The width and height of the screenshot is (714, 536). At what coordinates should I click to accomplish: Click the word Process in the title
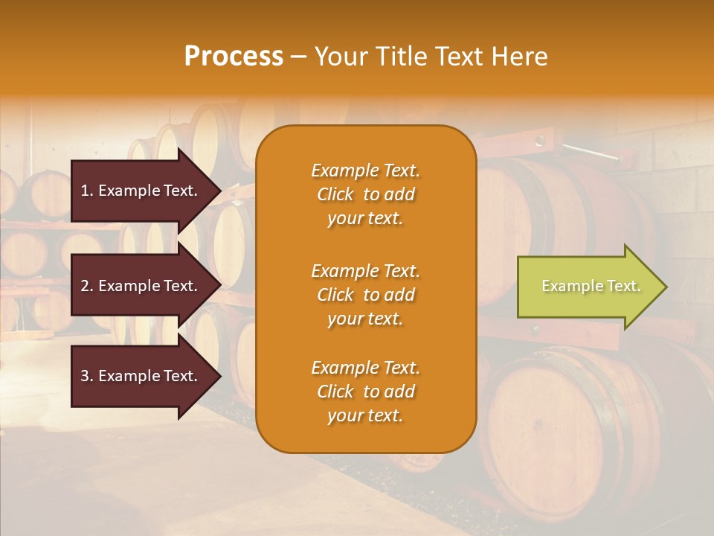234,57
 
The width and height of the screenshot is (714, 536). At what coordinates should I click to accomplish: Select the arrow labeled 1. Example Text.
141,191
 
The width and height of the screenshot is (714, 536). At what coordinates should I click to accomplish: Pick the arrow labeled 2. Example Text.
141,286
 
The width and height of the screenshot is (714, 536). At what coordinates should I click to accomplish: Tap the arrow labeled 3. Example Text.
141,376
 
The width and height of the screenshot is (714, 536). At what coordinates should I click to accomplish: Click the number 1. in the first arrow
86,191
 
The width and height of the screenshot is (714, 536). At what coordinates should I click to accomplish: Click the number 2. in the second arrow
86,286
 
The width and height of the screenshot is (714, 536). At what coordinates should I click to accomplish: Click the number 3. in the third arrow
86,376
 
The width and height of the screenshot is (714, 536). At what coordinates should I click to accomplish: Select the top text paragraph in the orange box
365,194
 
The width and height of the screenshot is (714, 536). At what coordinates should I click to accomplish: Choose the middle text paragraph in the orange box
365,295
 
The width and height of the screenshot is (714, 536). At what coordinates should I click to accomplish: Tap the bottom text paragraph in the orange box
365,392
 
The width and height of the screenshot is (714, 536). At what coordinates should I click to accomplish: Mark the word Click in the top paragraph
335,194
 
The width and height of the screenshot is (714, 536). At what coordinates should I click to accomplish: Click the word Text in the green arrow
623,286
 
